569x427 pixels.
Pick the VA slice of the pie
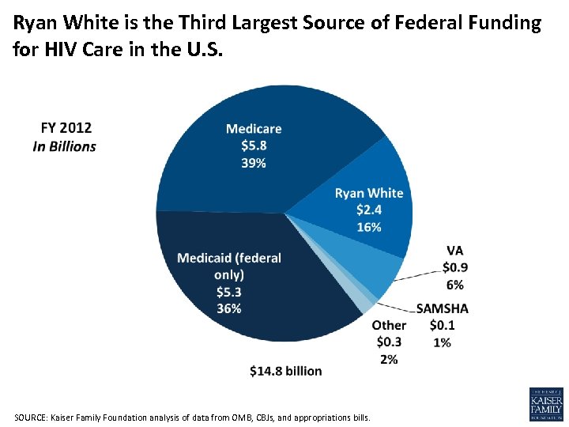pyautogui.click(x=379, y=272)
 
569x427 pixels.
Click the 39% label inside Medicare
pyautogui.click(x=254, y=163)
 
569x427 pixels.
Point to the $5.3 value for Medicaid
pyautogui.click(x=229, y=292)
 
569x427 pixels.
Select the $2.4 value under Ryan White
pyautogui.click(x=369, y=210)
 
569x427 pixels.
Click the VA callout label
pyautogui.click(x=454, y=251)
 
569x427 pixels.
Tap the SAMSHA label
pyautogui.click(x=442, y=308)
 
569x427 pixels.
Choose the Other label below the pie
pyautogui.click(x=389, y=325)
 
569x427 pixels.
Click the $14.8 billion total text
pyautogui.click(x=285, y=371)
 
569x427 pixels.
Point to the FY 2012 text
pyautogui.click(x=66, y=127)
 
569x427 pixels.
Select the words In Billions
pyautogui.click(x=64, y=146)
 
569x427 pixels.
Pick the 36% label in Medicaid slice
pyautogui.click(x=229, y=308)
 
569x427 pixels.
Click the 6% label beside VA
pyautogui.click(x=454, y=285)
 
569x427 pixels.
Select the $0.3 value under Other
pyautogui.click(x=389, y=342)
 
